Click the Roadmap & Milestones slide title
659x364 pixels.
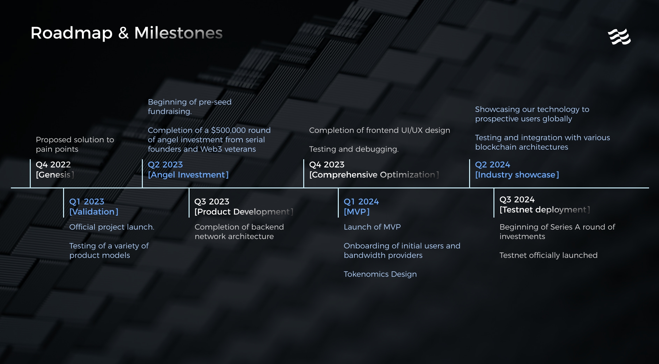(126, 33)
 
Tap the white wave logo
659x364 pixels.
(619, 37)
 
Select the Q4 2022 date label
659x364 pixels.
(53, 164)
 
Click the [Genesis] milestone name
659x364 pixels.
(55, 175)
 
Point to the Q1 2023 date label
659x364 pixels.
(87, 202)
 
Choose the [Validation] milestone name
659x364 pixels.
(94, 212)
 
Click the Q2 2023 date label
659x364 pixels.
(165, 164)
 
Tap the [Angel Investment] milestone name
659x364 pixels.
(188, 175)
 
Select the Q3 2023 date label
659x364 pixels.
(212, 202)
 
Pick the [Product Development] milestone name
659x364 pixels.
(244, 212)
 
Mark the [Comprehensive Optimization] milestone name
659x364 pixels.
(374, 175)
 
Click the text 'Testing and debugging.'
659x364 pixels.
(354, 149)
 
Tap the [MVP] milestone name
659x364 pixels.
(357, 212)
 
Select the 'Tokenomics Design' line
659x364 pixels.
(380, 274)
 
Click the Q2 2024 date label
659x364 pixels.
(492, 164)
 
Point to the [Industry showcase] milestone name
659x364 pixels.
(517, 175)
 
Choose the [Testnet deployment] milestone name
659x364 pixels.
(545, 210)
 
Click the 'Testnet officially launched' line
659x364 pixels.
(549, 255)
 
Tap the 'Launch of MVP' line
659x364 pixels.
(372, 227)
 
